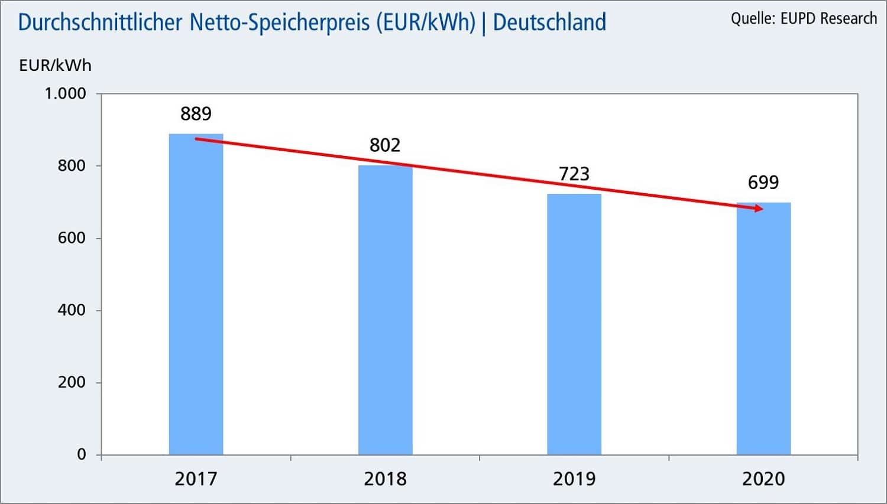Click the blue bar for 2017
click(196, 295)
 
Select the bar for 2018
click(385, 310)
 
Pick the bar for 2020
click(763, 329)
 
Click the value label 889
click(196, 113)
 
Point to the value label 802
click(385, 145)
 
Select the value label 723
click(574, 174)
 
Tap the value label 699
click(763, 183)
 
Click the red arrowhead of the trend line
click(758, 208)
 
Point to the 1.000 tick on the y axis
click(66, 94)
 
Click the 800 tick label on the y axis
click(72, 166)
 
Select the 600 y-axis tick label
click(72, 238)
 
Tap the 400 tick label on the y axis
click(72, 310)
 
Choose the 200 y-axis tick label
click(72, 382)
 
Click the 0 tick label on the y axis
click(82, 454)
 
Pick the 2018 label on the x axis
click(385, 479)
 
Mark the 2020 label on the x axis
click(763, 479)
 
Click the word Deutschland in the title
click(549, 22)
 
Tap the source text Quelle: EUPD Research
click(804, 19)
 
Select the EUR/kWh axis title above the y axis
click(55, 66)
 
